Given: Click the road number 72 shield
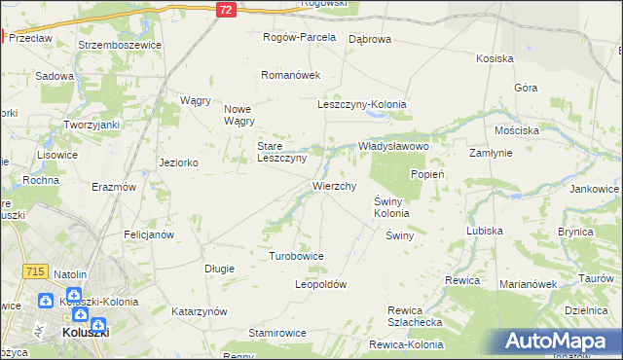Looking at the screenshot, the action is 226,9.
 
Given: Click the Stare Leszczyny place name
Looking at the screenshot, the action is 281,152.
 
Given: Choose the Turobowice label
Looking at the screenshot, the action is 296,255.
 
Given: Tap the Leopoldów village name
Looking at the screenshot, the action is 320,284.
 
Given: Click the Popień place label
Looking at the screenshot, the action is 427,174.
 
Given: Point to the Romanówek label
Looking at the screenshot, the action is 290,74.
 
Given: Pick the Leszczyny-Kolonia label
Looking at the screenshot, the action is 361,104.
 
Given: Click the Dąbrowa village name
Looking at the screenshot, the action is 369,39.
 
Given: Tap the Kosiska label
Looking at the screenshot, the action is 495,58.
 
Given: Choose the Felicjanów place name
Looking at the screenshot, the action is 149,234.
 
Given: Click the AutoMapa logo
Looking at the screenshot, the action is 560,342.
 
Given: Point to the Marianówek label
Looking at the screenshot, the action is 528,284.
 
